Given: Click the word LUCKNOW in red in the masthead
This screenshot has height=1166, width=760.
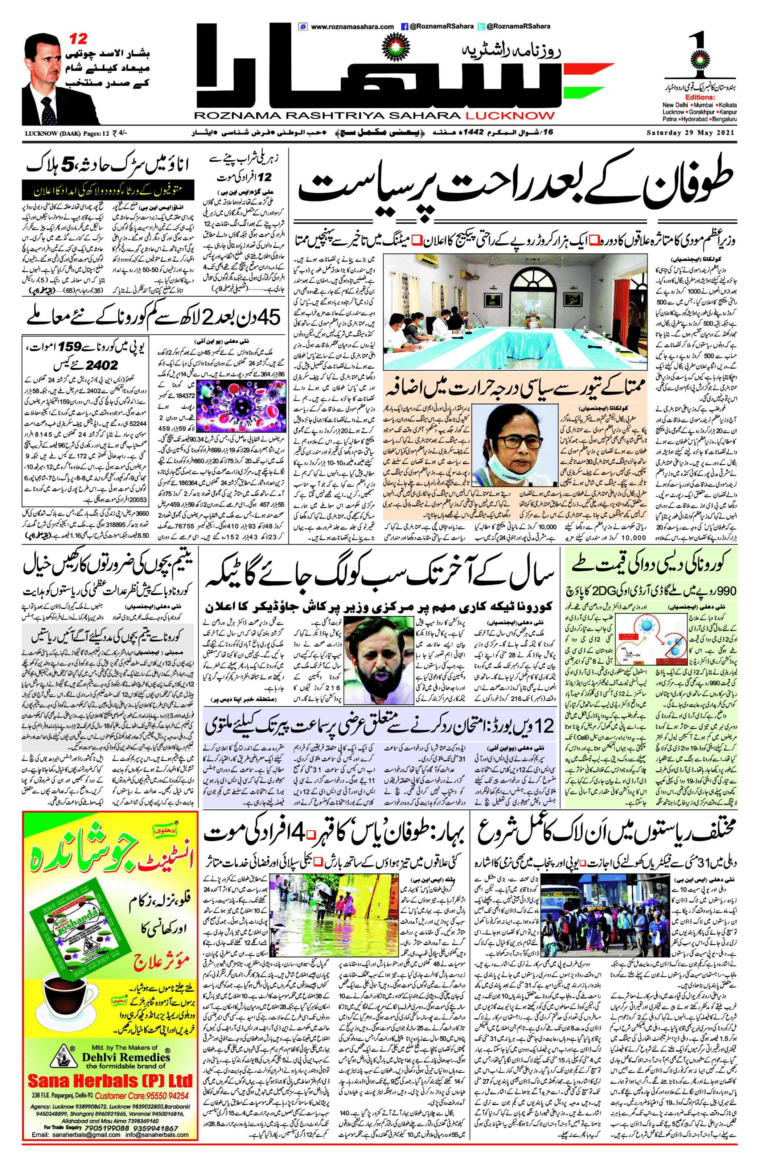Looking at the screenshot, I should coord(510,116).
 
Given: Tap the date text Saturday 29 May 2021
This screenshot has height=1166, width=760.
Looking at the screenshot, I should coord(691,133).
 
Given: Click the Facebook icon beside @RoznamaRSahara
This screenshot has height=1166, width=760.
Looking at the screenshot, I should coord(405,26).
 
